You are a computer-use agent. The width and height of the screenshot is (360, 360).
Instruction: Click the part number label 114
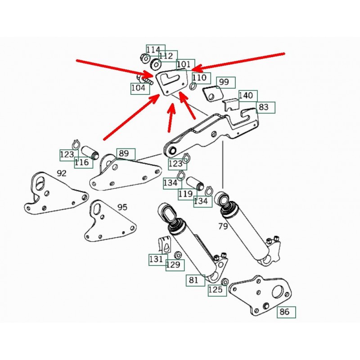click(x=153, y=49)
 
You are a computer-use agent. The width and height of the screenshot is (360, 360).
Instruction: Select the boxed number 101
click(x=184, y=65)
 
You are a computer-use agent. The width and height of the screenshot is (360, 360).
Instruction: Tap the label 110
click(x=199, y=77)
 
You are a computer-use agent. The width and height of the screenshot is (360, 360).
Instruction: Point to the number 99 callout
click(x=224, y=82)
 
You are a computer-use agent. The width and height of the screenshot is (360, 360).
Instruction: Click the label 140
click(x=246, y=95)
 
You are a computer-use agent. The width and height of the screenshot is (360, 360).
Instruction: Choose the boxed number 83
click(x=264, y=107)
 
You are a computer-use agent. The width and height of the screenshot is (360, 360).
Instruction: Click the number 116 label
click(x=82, y=162)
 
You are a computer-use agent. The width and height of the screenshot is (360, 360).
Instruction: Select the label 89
click(x=123, y=153)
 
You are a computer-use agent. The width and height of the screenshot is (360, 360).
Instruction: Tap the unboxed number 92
click(x=62, y=173)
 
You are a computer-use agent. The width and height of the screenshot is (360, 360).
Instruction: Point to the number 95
click(x=122, y=207)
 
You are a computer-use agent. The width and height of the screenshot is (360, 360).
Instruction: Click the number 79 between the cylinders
click(x=223, y=226)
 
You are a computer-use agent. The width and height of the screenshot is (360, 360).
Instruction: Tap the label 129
click(x=174, y=265)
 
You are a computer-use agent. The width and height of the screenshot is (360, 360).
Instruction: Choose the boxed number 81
click(x=193, y=280)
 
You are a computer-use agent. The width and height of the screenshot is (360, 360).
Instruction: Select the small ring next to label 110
click(x=193, y=86)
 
